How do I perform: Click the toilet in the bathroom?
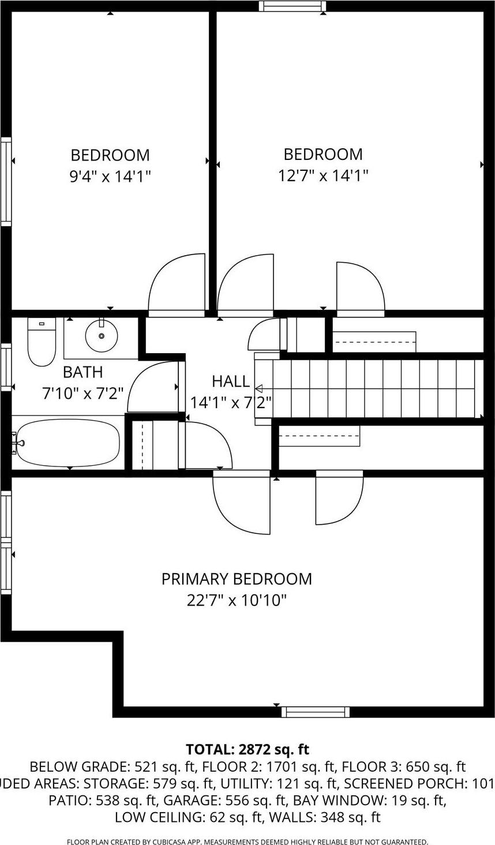click(x=42, y=342)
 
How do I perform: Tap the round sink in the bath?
click(x=102, y=335)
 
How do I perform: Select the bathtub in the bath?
click(x=68, y=443)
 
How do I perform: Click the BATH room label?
click(x=82, y=372)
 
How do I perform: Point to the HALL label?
click(x=231, y=381)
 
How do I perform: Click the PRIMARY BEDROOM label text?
click(x=237, y=579)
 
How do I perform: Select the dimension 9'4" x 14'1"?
click(x=110, y=176)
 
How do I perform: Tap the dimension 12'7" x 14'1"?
click(x=323, y=175)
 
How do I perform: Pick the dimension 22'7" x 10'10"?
click(x=237, y=601)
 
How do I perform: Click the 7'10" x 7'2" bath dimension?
click(x=82, y=394)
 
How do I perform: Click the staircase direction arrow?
click(x=259, y=388)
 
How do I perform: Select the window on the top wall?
click(x=292, y=6)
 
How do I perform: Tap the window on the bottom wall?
click(x=315, y=712)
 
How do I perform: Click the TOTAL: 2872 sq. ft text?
click(x=247, y=750)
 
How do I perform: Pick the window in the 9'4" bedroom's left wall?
click(x=6, y=181)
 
